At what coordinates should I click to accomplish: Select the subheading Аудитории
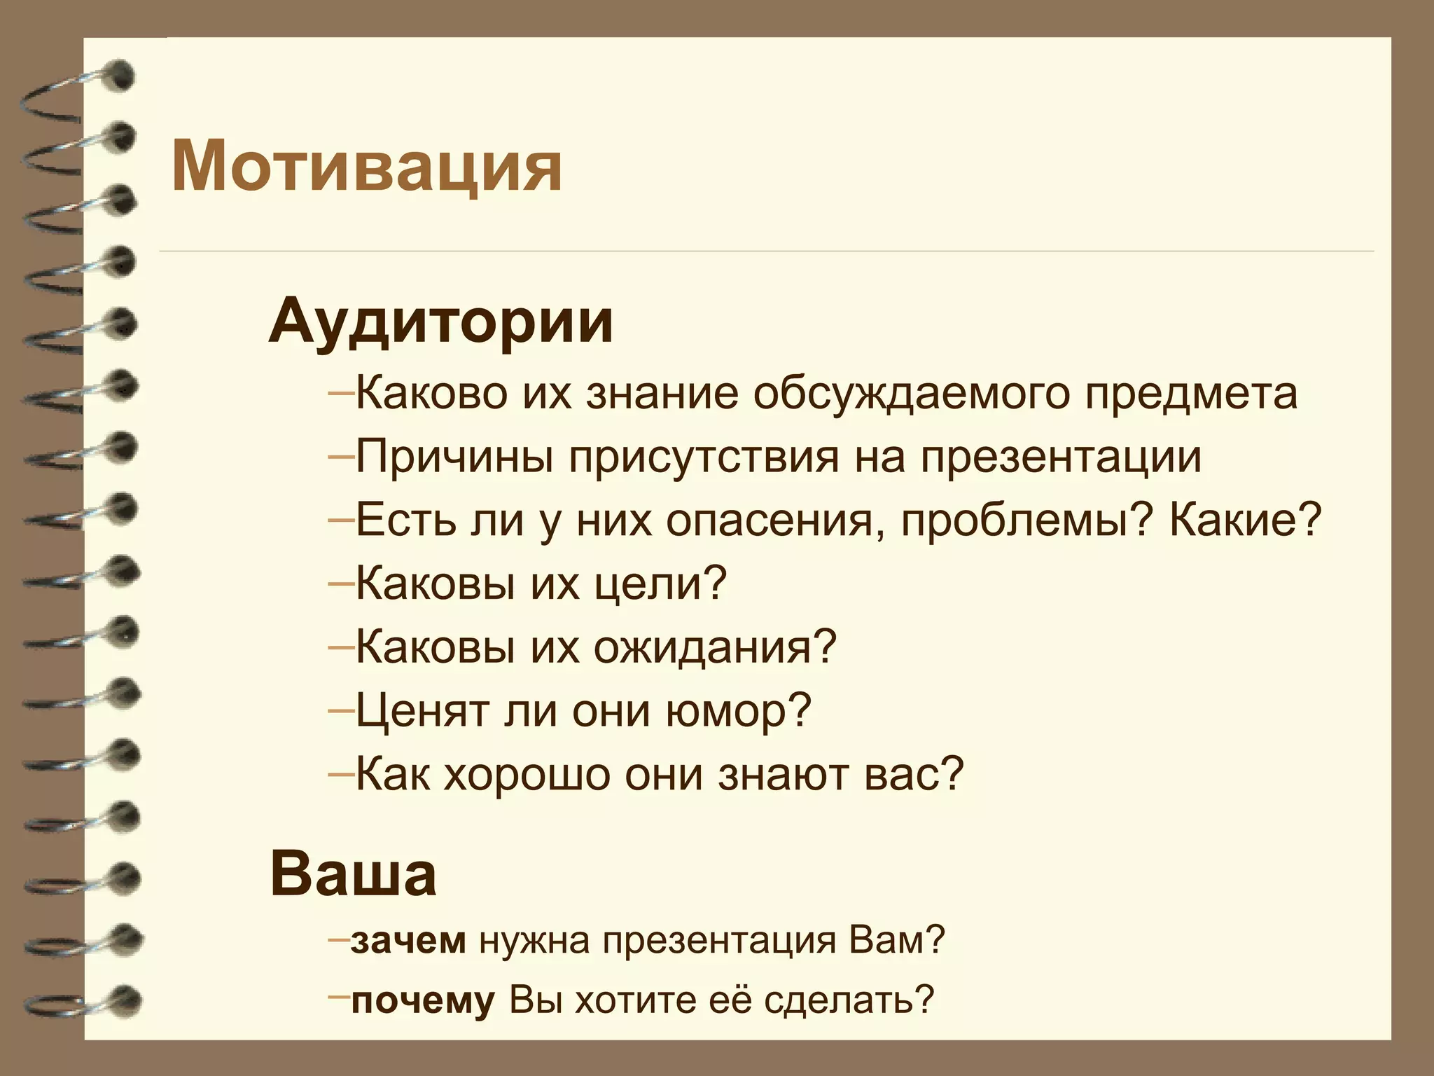coord(441,322)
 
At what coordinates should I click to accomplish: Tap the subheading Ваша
coord(354,876)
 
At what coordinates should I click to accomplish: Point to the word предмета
coord(1192,395)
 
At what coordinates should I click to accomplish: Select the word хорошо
coord(526,773)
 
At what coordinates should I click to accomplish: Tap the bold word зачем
coord(408,941)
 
